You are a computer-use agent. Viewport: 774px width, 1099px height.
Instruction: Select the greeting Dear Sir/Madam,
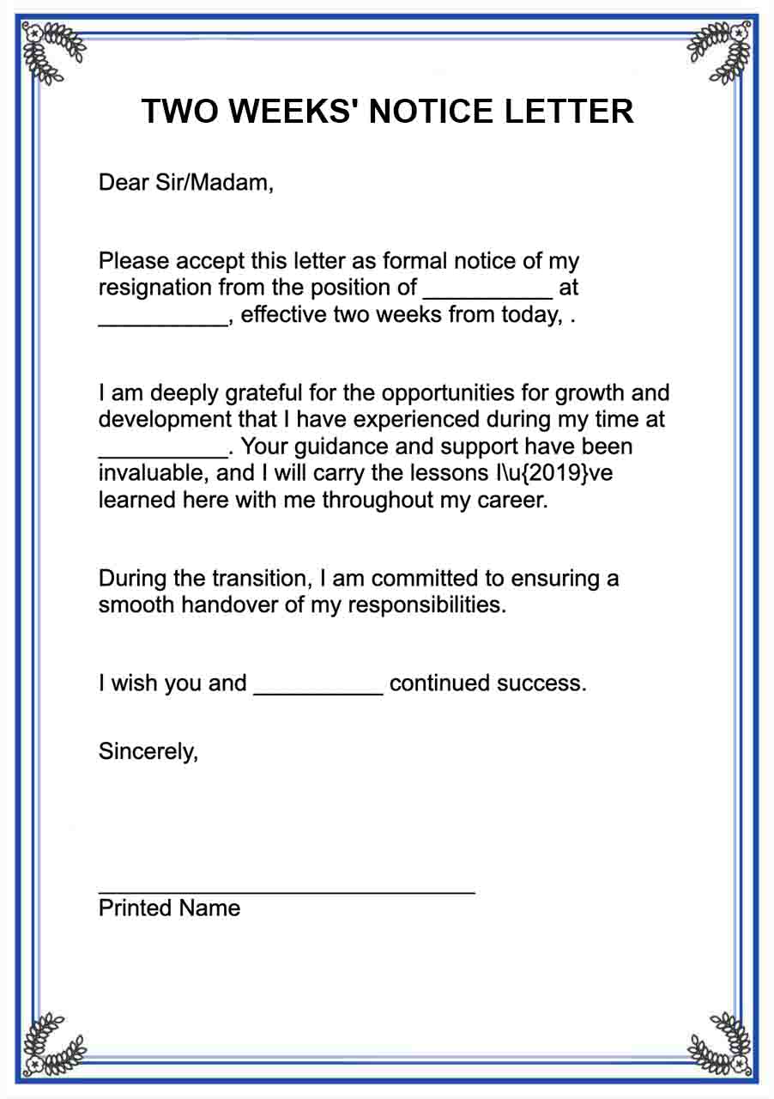pyautogui.click(x=186, y=182)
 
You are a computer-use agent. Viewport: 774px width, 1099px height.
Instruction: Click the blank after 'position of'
pyautogui.click(x=487, y=288)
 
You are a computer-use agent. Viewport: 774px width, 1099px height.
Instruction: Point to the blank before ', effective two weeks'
pyautogui.click(x=163, y=316)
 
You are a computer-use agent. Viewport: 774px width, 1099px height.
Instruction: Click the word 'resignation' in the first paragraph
pyautogui.click(x=155, y=288)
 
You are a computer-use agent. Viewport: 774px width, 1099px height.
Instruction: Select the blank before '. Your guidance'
pyautogui.click(x=163, y=448)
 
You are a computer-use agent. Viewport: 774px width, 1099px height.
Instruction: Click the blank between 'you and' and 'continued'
pyautogui.click(x=317, y=685)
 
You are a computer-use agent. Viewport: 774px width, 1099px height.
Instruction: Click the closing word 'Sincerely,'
pyautogui.click(x=148, y=751)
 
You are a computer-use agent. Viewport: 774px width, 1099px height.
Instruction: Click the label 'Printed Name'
pyautogui.click(x=169, y=908)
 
